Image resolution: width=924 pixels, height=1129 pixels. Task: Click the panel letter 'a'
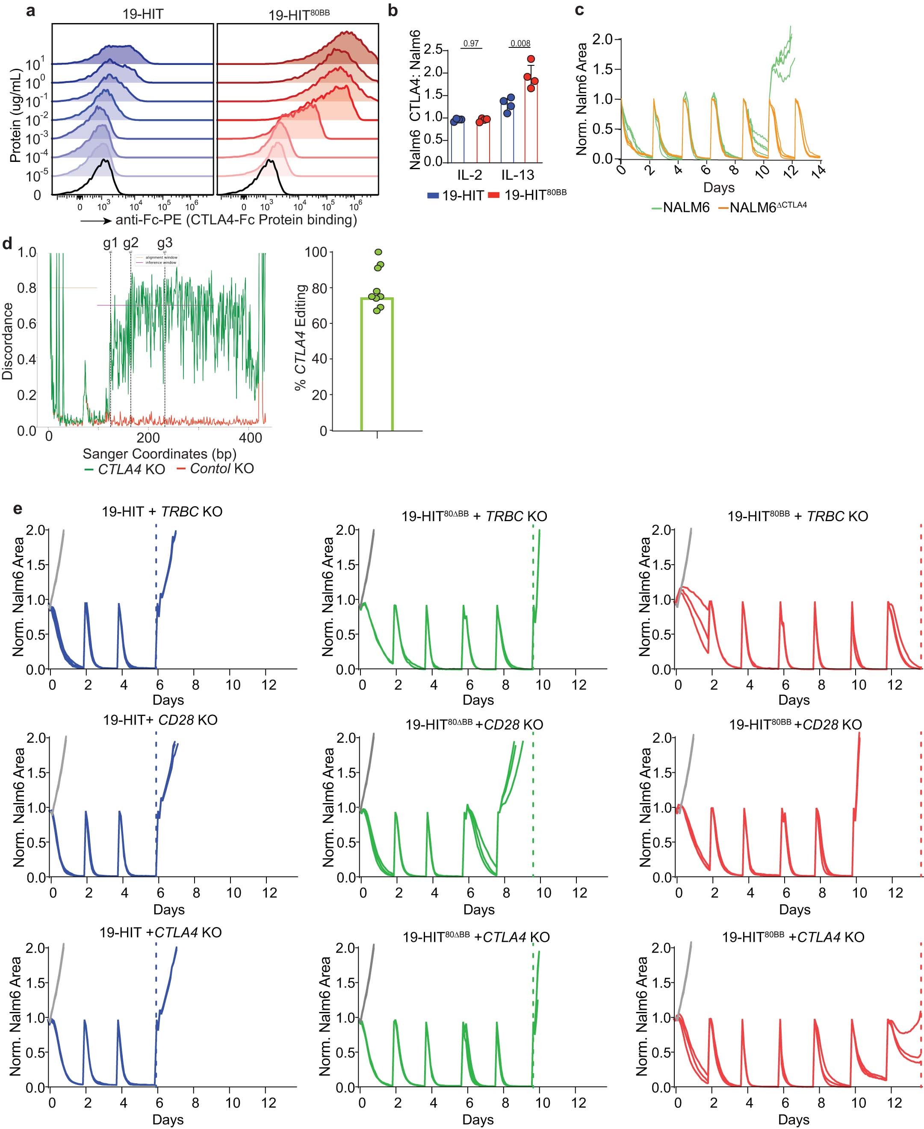click(x=31, y=11)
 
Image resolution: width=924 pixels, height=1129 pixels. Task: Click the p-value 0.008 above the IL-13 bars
click(x=520, y=44)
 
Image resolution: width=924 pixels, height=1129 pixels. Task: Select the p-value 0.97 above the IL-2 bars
click(x=471, y=44)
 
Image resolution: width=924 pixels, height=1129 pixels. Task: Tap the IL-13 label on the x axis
click(x=517, y=175)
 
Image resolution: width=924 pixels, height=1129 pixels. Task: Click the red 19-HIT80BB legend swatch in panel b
click(x=493, y=196)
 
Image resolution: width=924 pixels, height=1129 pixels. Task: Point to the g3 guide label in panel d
click(x=165, y=243)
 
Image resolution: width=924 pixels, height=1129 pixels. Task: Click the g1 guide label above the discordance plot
click(x=110, y=243)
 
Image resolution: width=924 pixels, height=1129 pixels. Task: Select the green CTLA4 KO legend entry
click(x=125, y=469)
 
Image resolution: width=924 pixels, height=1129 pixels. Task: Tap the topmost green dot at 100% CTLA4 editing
click(x=378, y=252)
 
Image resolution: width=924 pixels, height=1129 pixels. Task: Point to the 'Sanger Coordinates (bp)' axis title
click(x=159, y=454)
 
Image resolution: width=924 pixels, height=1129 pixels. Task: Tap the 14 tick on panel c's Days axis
click(x=820, y=171)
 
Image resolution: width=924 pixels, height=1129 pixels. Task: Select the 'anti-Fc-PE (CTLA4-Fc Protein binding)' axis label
click(x=236, y=220)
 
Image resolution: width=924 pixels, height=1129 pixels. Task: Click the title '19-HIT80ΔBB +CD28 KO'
click(x=474, y=724)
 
